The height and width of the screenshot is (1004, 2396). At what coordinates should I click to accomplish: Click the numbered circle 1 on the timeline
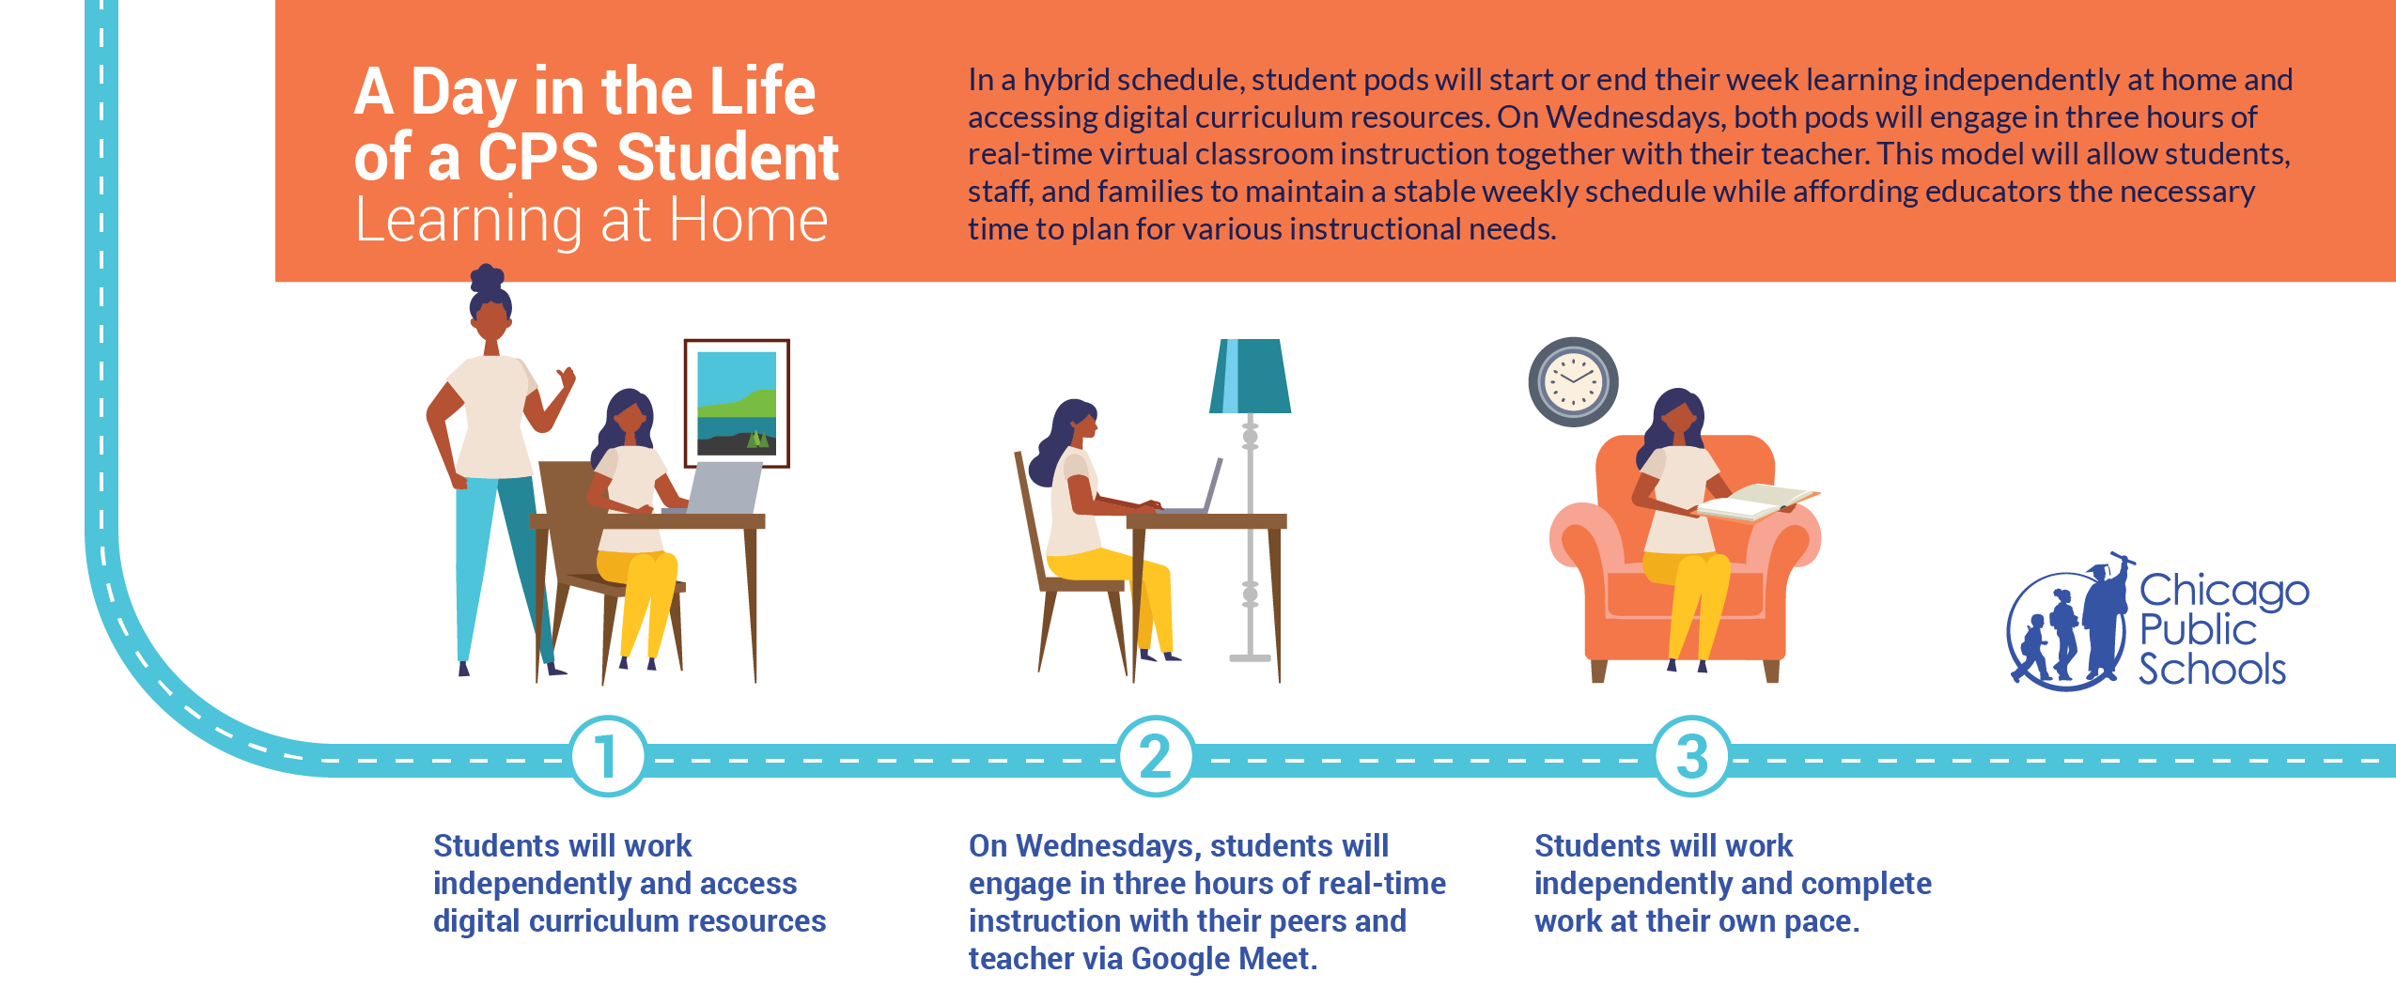coord(608,756)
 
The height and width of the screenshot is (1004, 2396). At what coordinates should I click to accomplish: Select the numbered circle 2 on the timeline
coord(1155,756)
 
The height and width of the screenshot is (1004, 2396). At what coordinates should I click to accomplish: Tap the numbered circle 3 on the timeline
coord(1691,756)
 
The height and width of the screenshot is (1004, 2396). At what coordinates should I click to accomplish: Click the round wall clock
coord(1573,381)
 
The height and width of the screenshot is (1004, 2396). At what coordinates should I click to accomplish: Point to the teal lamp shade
coord(1250,376)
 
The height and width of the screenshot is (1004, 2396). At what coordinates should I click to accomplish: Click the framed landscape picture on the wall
coord(737,403)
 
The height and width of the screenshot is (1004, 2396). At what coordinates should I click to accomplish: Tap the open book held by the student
coord(1755,501)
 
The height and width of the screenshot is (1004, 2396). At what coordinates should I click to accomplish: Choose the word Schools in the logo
coord(2212,669)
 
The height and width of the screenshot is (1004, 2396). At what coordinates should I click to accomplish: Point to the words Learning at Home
coord(591,222)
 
